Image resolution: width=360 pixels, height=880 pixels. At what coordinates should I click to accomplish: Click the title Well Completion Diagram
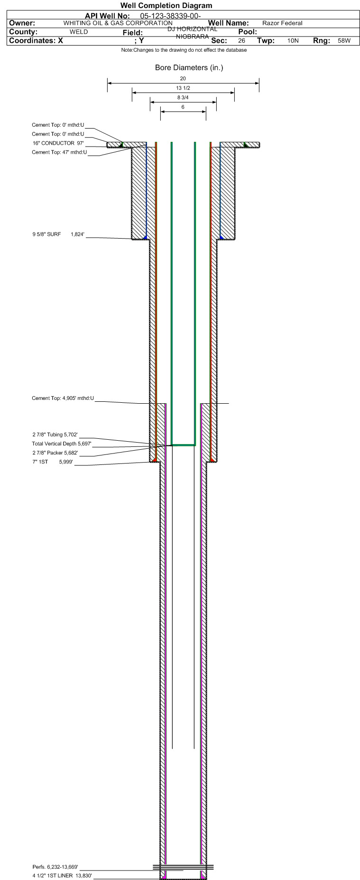tap(166, 6)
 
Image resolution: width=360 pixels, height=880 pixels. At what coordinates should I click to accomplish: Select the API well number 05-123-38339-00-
tap(171, 17)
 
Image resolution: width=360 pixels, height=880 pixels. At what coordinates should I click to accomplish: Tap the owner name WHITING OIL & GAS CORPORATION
tap(118, 23)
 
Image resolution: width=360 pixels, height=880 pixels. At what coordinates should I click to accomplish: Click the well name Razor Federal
tap(282, 23)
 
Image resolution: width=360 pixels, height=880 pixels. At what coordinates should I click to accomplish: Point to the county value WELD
tap(79, 32)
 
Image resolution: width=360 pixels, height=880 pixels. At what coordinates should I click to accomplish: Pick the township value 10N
tap(293, 41)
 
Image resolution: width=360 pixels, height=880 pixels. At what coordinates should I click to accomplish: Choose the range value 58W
tap(344, 41)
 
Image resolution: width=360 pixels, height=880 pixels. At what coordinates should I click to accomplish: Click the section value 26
tap(242, 41)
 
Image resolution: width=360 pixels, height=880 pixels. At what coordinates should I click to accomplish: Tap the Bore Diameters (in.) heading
tap(189, 67)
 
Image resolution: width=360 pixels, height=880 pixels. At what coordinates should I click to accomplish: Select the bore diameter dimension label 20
tap(183, 78)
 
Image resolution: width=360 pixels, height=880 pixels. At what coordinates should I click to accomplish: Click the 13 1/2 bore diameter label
tap(183, 88)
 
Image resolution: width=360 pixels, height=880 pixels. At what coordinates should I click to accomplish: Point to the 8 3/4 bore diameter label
tap(183, 97)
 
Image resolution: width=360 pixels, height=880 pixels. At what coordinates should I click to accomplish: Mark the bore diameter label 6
tap(183, 107)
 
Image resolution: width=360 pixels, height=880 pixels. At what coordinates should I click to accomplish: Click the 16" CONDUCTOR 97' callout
tap(58, 143)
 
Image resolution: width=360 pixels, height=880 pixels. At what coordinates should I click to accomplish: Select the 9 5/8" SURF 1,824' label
tap(58, 234)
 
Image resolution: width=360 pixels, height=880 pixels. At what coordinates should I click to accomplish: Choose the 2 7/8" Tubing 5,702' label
tap(55, 435)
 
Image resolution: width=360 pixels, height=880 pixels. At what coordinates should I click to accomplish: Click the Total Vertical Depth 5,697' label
tap(62, 444)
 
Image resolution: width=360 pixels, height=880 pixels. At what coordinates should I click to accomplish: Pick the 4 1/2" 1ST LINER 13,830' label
tap(62, 876)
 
